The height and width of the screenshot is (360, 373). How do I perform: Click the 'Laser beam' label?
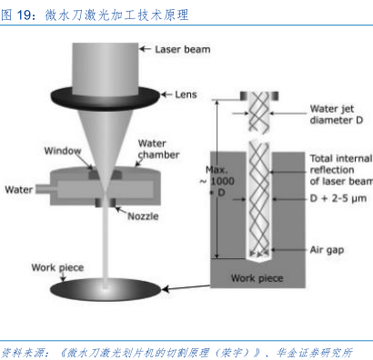click(x=183, y=49)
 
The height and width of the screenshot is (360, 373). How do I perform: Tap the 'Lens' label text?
click(x=186, y=95)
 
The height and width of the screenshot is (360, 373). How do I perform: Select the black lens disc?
click(x=106, y=97)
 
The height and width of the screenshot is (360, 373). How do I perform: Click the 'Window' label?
click(x=63, y=151)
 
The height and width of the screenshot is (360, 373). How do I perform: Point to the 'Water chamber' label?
click(x=158, y=149)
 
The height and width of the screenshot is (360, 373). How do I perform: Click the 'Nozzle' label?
click(x=143, y=216)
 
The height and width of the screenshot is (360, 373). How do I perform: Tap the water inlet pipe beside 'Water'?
click(x=44, y=189)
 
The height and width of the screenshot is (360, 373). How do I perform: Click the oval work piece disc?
click(x=106, y=289)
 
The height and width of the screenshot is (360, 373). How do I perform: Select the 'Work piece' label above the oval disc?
click(x=57, y=267)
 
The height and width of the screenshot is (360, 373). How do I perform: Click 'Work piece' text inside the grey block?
click(x=257, y=278)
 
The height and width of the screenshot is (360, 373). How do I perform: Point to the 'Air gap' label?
click(x=327, y=250)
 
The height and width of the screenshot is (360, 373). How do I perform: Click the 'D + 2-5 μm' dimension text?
click(x=338, y=198)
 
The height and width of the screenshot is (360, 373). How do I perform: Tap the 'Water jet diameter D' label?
click(x=337, y=115)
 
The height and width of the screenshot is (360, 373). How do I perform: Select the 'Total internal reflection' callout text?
click(x=341, y=170)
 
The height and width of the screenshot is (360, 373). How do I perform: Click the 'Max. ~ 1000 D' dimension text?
click(x=217, y=181)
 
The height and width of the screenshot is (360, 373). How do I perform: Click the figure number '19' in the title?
click(x=24, y=15)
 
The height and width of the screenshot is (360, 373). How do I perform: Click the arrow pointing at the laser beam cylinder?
click(x=145, y=49)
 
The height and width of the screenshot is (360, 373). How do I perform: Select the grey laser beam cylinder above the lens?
click(x=106, y=68)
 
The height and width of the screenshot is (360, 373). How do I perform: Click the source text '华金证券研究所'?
click(x=314, y=353)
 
